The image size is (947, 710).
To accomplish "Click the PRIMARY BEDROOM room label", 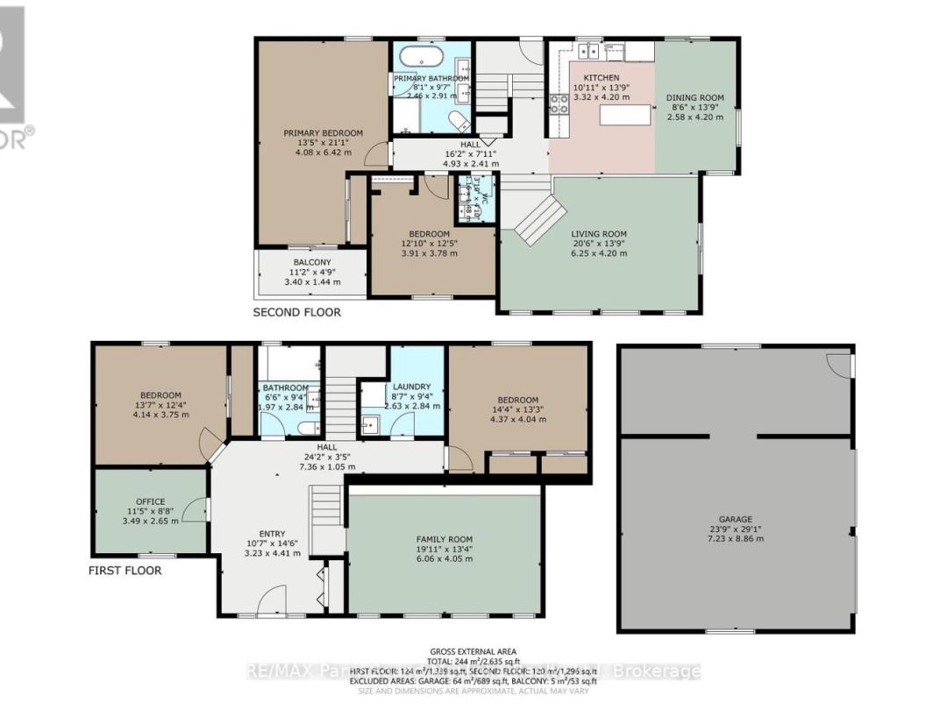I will coord(323,133).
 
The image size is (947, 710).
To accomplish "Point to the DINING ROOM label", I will coord(694,97).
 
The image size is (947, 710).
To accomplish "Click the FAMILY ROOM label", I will coord(444,539).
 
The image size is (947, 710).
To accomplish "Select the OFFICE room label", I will coord(150,502).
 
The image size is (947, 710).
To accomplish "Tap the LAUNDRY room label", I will coord(411,387).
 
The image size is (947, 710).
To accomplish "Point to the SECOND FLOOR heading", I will coord(296,312).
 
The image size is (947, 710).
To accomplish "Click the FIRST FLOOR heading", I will coord(125,571).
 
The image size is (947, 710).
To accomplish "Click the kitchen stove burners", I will coord(558,105).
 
